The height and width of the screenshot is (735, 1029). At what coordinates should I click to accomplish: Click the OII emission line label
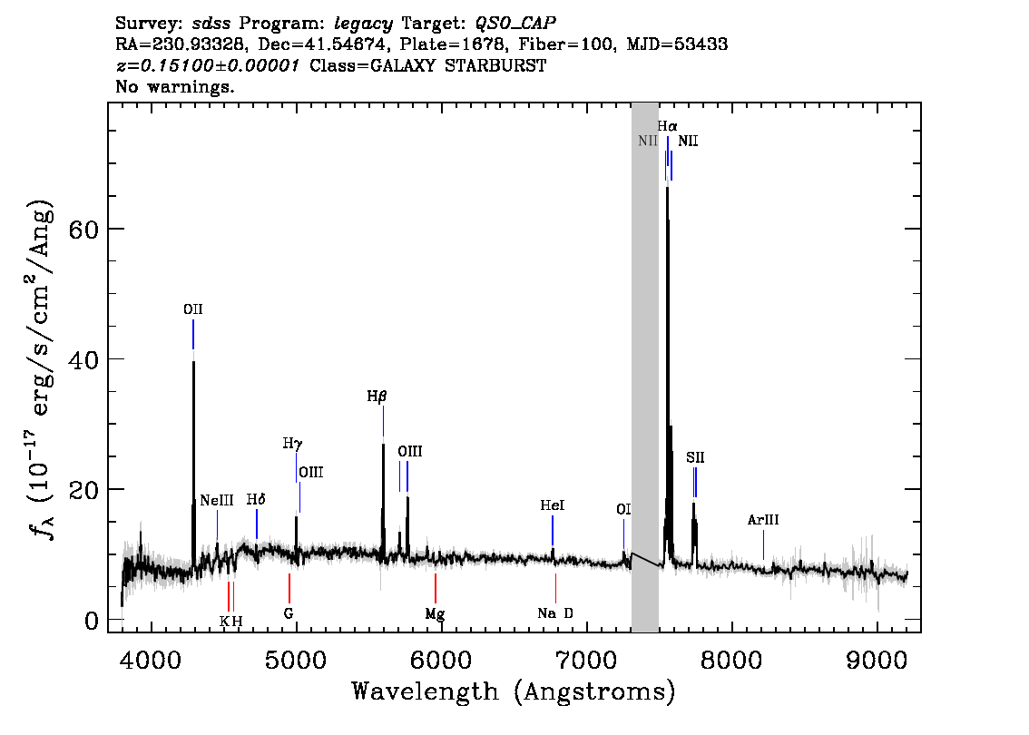point(192,309)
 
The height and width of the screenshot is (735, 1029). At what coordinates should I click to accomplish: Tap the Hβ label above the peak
point(377,397)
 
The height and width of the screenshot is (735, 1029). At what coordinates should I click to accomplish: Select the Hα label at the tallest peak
point(667,127)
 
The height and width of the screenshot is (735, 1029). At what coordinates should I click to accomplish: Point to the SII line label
point(695,458)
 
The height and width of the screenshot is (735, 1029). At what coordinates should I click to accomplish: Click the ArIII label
point(763,521)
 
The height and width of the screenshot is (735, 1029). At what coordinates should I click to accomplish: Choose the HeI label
point(552,505)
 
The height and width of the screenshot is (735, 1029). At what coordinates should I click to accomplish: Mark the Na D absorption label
point(555,613)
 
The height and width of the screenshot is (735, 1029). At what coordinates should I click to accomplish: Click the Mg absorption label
point(435,613)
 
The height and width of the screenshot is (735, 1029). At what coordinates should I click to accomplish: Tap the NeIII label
point(217,500)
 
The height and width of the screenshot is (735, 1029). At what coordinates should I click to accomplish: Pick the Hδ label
point(256,500)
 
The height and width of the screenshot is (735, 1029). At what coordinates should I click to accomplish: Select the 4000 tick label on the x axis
point(150,658)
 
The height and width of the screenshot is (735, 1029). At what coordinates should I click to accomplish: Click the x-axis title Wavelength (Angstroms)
point(514,692)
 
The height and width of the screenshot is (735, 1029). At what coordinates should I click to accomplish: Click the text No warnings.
point(175,88)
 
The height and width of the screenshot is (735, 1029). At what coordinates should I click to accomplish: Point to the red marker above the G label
point(289,588)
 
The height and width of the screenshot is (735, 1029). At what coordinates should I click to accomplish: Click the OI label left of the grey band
point(623,510)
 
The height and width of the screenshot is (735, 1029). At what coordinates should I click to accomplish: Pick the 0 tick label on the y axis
point(92,620)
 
